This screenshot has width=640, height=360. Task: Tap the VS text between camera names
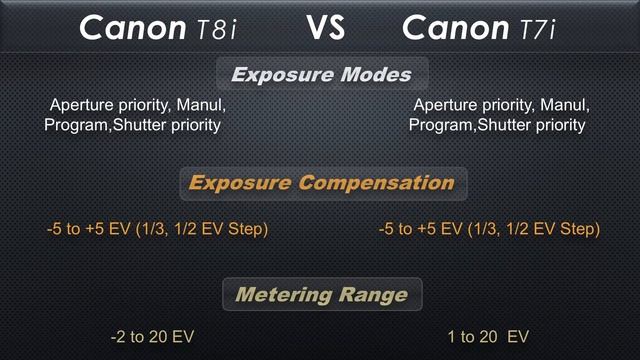click(325, 27)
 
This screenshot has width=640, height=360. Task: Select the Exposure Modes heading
click(321, 74)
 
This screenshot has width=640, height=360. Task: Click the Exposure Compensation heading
click(321, 184)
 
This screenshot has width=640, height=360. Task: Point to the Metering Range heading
click(321, 295)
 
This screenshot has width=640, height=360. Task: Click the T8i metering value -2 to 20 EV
click(152, 337)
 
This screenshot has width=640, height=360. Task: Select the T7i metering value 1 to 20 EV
click(489, 337)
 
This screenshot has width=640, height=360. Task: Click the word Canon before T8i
click(133, 29)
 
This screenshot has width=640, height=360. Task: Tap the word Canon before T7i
click(456, 29)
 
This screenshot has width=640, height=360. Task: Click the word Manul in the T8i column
click(203, 105)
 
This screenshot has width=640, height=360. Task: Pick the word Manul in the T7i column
click(566, 105)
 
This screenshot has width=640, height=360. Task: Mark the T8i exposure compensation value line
click(157, 230)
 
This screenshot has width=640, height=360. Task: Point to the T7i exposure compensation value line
click(489, 230)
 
